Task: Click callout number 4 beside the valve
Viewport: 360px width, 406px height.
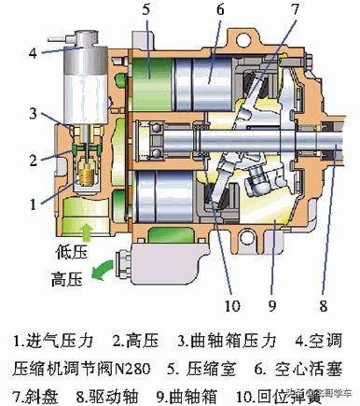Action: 33,52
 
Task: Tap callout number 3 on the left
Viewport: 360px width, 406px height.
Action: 34,114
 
